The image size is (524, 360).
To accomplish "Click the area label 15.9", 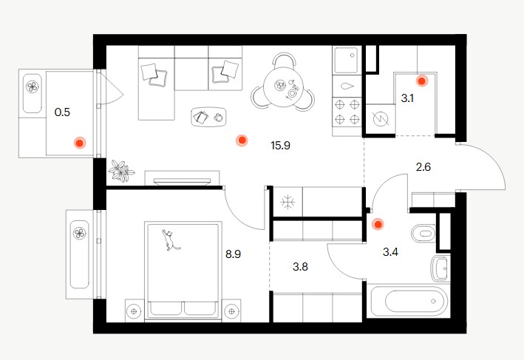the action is point(280,146).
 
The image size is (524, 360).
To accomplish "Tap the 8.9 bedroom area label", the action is point(234,254).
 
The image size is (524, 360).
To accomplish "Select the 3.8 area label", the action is point(300,267).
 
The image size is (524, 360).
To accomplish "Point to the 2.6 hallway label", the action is point(423,166).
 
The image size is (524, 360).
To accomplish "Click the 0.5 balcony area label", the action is point(62,112).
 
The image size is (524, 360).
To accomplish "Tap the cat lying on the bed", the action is point(170,240).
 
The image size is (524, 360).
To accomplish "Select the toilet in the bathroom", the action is point(423,233).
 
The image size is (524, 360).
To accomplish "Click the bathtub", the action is point(409,301).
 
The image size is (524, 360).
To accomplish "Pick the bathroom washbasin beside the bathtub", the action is point(440,268).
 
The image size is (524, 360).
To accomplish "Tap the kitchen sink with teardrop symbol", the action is point(347,86).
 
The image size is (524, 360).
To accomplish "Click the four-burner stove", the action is point(347,112).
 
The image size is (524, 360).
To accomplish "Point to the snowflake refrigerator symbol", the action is point(287,203).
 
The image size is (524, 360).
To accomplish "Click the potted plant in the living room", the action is point(121,171).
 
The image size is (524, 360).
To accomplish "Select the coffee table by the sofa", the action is point(208,117).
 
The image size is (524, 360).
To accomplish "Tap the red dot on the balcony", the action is point(80,143).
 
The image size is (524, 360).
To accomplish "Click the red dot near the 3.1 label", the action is point(422,81).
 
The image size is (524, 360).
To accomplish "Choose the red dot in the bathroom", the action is point(378,225).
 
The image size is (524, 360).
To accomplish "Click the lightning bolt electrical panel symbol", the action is point(381,119).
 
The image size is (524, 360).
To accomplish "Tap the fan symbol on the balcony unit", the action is point(32,87).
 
